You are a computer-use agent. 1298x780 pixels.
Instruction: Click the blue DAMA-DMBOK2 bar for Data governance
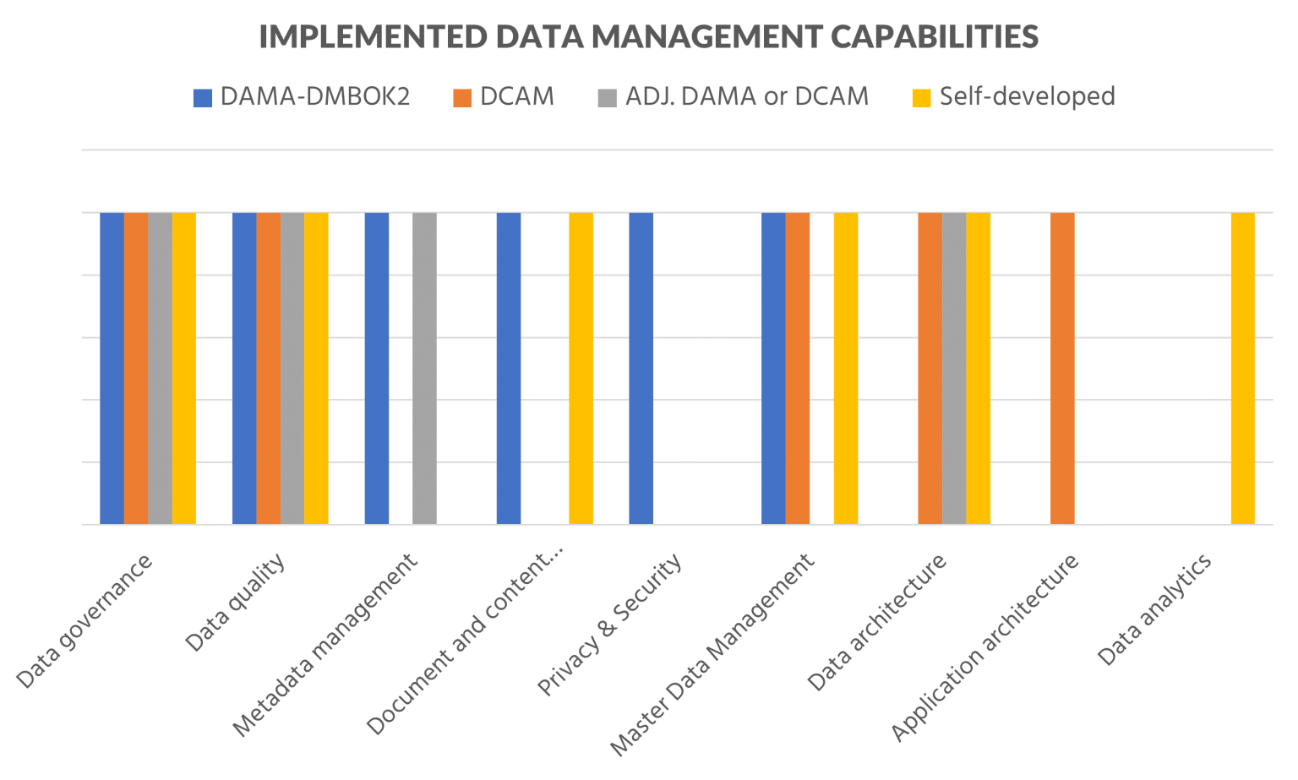coord(112,368)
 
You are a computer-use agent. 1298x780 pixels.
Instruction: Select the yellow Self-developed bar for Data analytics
coord(1242,368)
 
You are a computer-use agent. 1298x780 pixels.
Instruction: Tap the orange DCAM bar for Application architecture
coord(1062,368)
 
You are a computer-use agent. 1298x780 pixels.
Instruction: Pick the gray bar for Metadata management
coord(424,368)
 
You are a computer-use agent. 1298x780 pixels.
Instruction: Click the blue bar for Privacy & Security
coord(641,368)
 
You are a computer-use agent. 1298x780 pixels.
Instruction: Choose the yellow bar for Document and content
coord(581,368)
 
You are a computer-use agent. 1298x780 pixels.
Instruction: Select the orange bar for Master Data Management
coord(797,368)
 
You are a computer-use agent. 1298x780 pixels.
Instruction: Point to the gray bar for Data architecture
coord(954,368)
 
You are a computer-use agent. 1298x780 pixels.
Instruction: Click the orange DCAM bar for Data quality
coord(268,368)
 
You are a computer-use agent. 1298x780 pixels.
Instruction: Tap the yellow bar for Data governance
coord(184,368)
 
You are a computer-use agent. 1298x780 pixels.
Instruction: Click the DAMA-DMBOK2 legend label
coord(314,96)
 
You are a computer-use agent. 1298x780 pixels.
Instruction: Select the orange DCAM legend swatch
coord(461,98)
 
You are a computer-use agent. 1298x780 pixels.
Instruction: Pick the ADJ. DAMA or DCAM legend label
coord(746,96)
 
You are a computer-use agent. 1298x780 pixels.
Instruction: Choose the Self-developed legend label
coord(1027,96)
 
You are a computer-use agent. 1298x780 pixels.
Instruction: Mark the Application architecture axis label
coord(985,647)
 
